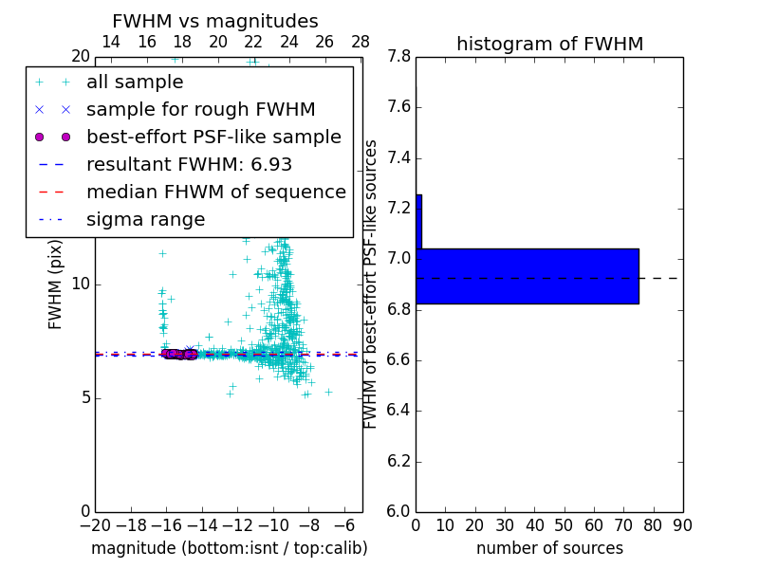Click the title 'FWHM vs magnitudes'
214,21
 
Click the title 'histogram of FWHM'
549,44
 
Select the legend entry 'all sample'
135,83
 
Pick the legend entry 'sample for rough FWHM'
200,110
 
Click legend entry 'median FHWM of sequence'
215,193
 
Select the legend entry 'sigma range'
145,220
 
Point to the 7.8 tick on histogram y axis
398,57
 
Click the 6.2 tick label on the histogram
398,462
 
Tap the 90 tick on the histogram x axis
681,524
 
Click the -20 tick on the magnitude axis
95,524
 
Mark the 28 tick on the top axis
361,42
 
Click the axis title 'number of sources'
549,548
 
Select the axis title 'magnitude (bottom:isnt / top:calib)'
229,548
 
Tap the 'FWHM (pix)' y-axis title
55,284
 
